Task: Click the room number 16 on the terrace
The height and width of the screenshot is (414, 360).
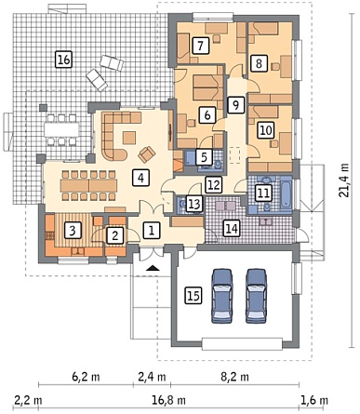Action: (x=63, y=60)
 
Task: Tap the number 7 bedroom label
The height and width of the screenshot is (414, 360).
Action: (x=200, y=46)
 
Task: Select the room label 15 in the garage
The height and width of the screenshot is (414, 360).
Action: (x=193, y=295)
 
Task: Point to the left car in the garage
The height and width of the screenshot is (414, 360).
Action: (x=222, y=296)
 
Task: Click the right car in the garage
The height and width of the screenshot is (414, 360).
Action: (x=256, y=296)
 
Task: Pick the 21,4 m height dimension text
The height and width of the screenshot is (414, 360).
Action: (x=344, y=180)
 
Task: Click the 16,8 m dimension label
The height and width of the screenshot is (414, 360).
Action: (x=169, y=400)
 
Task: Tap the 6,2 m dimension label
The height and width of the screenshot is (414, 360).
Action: (x=86, y=377)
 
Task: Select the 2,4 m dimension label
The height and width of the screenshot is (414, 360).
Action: (x=152, y=377)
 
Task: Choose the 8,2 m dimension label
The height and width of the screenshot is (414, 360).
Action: (x=234, y=377)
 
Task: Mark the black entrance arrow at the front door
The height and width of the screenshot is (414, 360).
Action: (x=153, y=268)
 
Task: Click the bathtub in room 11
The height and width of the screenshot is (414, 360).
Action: (x=286, y=194)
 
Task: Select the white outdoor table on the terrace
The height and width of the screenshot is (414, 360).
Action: (x=61, y=129)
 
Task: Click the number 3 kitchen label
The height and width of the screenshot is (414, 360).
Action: (x=73, y=231)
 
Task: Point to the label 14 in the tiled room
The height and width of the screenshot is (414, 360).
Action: (x=232, y=229)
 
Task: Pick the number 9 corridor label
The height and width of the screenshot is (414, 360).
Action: (x=235, y=105)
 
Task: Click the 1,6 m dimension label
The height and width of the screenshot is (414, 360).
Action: (x=314, y=400)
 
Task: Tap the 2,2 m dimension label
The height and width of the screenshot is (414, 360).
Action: (x=28, y=400)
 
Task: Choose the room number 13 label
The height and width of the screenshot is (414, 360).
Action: (x=194, y=204)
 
